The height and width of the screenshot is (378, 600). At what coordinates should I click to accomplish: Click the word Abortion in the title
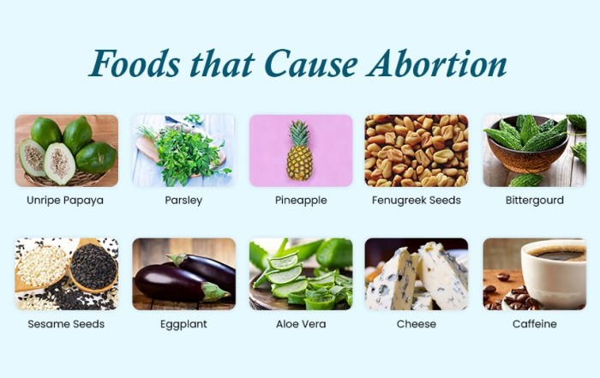point(436,63)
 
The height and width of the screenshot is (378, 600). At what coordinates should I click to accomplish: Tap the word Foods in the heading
point(135,63)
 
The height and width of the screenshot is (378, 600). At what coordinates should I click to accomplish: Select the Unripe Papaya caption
point(65,201)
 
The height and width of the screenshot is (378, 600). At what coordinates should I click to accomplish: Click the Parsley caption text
point(183,201)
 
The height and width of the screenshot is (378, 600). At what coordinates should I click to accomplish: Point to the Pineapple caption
point(301,201)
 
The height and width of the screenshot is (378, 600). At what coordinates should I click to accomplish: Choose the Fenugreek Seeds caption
point(417,201)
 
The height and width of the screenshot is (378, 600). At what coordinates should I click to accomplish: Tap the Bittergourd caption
point(535,201)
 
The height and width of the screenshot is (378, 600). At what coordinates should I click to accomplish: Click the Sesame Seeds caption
point(66,324)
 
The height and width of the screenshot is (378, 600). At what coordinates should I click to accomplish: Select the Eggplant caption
point(183,325)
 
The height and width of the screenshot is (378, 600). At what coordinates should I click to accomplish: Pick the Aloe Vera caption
point(301,324)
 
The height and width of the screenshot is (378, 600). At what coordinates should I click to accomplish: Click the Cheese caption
point(417,324)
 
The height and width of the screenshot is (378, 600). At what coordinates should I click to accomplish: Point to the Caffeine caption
point(535,324)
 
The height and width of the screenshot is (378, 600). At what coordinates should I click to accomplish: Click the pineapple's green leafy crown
point(299,133)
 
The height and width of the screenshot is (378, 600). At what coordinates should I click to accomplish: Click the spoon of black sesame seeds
point(93,267)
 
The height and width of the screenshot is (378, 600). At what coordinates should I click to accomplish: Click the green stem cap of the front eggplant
point(215,291)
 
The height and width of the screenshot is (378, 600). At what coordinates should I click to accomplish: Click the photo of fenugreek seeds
point(417,151)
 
